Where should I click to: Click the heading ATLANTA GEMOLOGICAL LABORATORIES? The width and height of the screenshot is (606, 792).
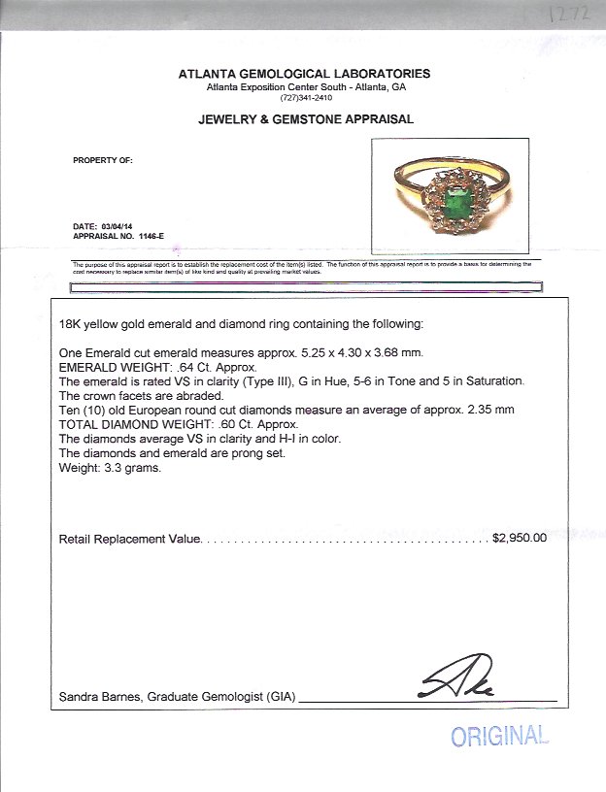(x=304, y=74)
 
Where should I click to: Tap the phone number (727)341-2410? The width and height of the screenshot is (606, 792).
(x=305, y=98)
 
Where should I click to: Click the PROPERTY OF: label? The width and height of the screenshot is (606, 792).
(x=103, y=160)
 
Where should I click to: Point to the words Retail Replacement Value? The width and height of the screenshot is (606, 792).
(x=130, y=538)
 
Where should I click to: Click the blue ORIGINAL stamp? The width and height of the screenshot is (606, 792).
(x=499, y=737)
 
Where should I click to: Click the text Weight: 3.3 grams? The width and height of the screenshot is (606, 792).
(x=109, y=469)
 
